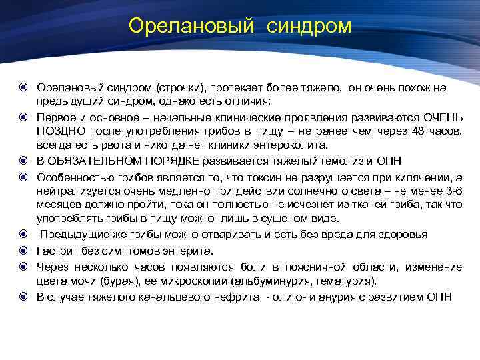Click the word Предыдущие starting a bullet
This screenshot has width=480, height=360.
69,234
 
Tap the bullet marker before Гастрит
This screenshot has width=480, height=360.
23,251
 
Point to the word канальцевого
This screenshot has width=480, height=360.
164,296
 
